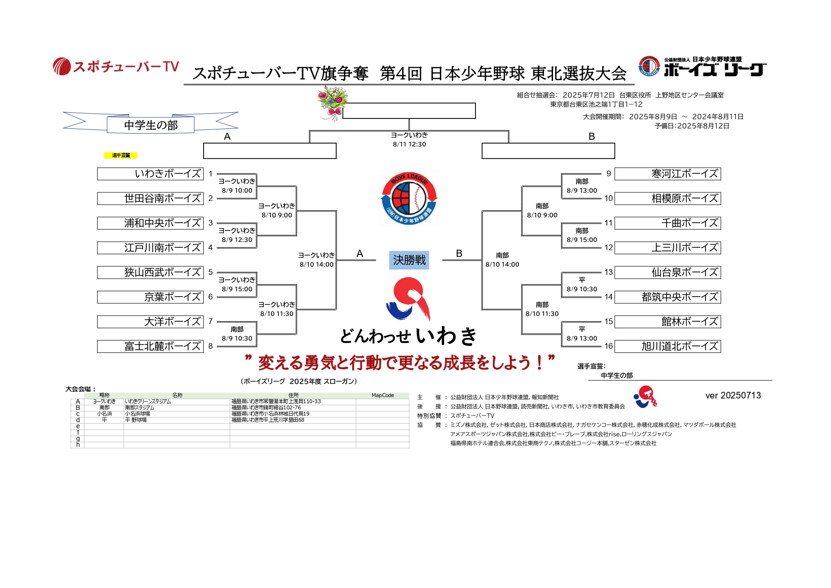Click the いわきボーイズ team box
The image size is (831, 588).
(x=150, y=174)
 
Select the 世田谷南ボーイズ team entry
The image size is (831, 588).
(x=150, y=199)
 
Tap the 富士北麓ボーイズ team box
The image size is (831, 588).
(x=150, y=346)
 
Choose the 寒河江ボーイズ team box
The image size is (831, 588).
(x=668, y=174)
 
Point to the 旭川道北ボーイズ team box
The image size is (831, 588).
(x=668, y=346)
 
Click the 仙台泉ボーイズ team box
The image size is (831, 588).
(x=668, y=272)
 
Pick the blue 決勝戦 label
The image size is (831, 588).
(x=409, y=260)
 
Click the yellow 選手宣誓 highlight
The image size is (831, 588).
(x=121, y=155)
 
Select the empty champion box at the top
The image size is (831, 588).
(x=409, y=111)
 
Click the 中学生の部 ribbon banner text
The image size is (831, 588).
(x=151, y=125)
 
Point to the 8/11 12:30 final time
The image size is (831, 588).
(x=409, y=145)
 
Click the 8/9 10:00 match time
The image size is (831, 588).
(x=237, y=190)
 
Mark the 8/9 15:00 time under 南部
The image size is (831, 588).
(x=582, y=240)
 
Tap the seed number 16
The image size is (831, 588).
(x=608, y=346)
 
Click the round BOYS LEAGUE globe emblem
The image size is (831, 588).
(x=410, y=199)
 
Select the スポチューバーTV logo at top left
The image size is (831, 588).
(x=116, y=66)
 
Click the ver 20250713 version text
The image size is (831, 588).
(x=733, y=396)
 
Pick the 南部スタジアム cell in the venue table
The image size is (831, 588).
(x=140, y=407)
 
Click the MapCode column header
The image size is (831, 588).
(x=383, y=395)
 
